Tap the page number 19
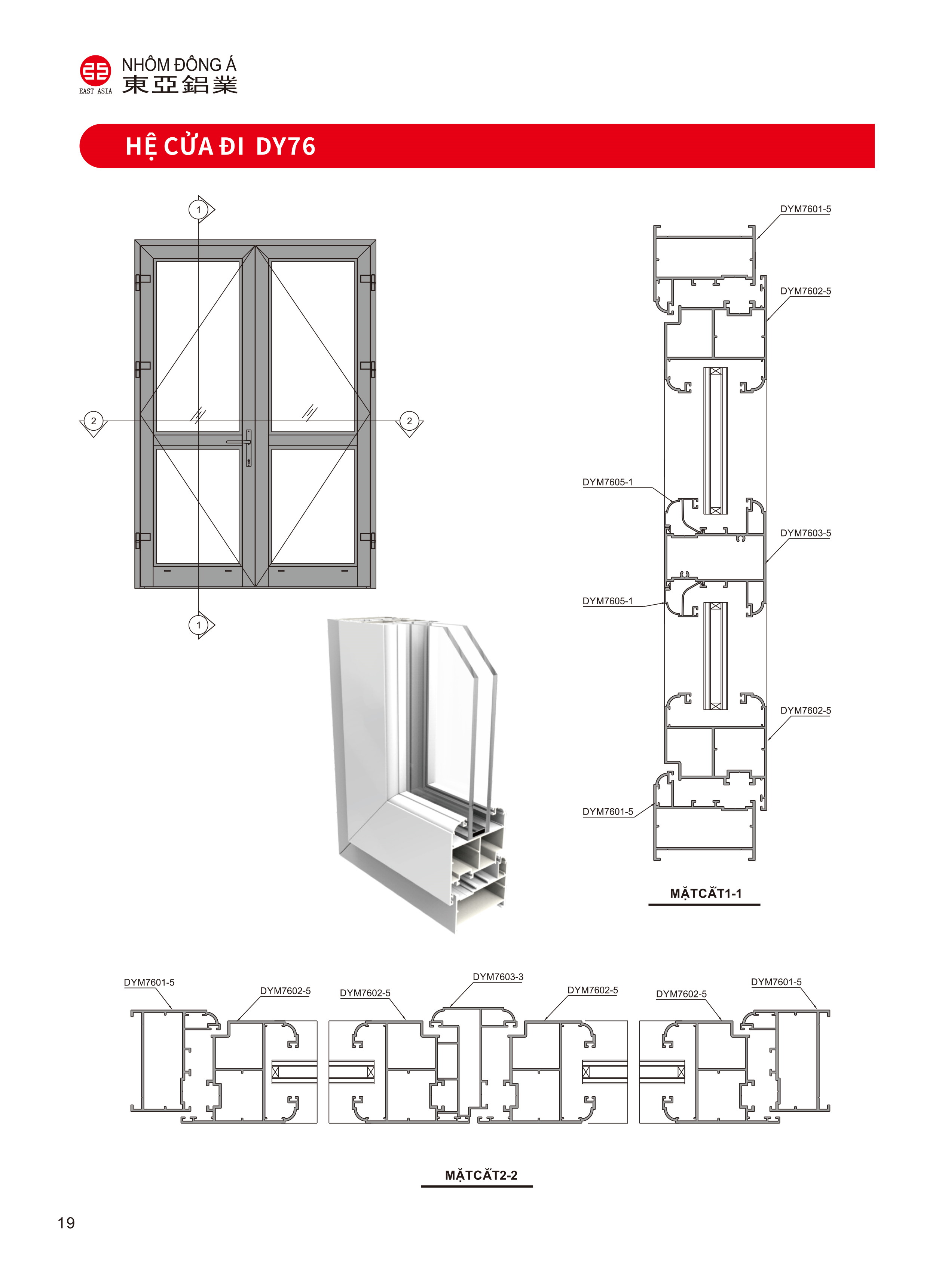(x=66, y=1223)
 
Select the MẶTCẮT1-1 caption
(x=705, y=894)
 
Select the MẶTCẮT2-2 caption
(x=481, y=1175)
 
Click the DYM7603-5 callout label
(x=805, y=533)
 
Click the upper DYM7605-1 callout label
(x=607, y=482)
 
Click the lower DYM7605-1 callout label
(x=607, y=601)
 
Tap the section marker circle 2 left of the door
(x=94, y=421)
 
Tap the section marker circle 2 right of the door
(x=409, y=421)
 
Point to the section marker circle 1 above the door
(x=198, y=210)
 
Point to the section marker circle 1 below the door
(x=198, y=625)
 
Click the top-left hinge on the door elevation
(x=142, y=281)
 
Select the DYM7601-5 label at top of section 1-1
(x=805, y=209)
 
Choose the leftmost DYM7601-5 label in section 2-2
(x=149, y=983)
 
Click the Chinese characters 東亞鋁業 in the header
(x=180, y=85)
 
